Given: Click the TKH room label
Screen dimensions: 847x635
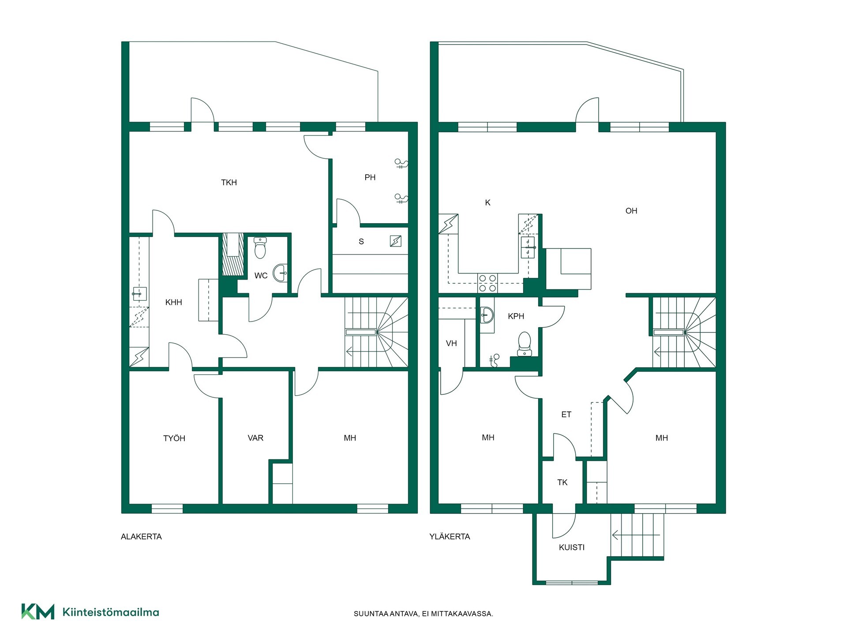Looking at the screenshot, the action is [229, 183].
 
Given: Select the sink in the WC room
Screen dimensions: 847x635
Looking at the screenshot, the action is [280, 273].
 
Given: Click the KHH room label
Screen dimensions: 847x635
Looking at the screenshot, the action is [173, 303].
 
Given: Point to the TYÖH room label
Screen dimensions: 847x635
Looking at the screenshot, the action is [174, 438].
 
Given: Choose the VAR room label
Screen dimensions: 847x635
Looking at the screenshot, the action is [255, 438].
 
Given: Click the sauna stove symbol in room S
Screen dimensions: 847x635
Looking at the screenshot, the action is [396, 241].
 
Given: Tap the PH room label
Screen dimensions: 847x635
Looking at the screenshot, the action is [370, 177].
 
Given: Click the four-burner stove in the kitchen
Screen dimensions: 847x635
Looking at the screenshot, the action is [487, 283].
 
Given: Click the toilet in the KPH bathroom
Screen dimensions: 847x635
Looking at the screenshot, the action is [524, 344].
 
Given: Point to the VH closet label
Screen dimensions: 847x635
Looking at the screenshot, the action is [451, 344].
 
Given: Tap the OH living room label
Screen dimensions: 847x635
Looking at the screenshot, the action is [631, 211].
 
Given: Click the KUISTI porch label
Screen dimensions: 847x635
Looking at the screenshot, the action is [572, 547].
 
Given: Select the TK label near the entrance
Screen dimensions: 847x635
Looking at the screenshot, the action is [562, 482].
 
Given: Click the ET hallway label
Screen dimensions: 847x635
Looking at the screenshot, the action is [566, 415].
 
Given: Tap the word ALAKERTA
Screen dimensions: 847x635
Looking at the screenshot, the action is [141, 537].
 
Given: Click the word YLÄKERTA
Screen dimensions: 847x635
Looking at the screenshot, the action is [450, 537].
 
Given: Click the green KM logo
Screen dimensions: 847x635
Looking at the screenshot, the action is [38, 612].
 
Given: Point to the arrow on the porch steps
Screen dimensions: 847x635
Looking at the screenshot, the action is [635, 535].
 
